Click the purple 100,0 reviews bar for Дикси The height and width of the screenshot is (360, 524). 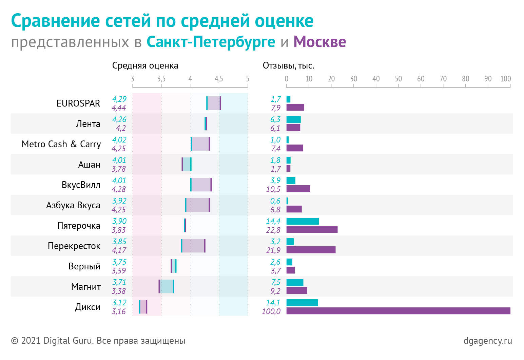(x=398, y=311)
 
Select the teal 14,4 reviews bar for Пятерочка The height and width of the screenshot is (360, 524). (x=303, y=221)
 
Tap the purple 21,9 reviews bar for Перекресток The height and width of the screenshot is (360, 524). (x=311, y=250)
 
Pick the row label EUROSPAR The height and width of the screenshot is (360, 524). (x=78, y=103)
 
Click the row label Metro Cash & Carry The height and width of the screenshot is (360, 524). (x=61, y=144)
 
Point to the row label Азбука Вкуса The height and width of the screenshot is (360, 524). (x=73, y=205)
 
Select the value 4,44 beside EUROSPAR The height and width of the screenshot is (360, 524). (x=119, y=108)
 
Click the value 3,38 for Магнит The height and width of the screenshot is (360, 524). (x=119, y=291)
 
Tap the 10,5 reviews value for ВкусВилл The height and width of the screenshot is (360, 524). (x=273, y=189)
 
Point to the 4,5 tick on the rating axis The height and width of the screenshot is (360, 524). (x=219, y=79)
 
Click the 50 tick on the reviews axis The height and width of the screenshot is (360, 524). (x=398, y=79)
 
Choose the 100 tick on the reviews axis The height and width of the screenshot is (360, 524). (x=505, y=79)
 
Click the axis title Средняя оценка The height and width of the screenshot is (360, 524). (x=145, y=66)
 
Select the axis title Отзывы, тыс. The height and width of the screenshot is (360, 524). (x=289, y=66)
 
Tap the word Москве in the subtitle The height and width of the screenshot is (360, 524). (x=319, y=42)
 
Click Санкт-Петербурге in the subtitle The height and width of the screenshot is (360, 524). (x=211, y=42)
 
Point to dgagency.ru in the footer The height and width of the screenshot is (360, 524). (x=488, y=341)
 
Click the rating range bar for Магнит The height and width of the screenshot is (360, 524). (x=166, y=286)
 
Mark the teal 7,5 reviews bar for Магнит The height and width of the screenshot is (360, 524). (x=295, y=282)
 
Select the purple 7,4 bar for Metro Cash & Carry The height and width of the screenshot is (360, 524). (x=295, y=148)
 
